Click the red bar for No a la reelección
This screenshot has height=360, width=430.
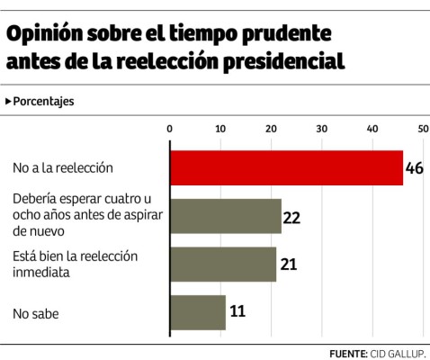(286, 167)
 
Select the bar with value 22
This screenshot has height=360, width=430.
(226, 216)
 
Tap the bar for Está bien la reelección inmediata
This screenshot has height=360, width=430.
(223, 264)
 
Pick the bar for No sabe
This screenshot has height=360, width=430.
(198, 312)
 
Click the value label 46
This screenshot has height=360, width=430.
(416, 168)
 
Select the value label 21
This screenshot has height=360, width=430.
(289, 265)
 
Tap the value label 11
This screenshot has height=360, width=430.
(237, 313)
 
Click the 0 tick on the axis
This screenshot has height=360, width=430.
(170, 130)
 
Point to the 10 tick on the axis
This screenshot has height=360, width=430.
(220, 130)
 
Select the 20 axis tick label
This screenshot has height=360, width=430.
(271, 130)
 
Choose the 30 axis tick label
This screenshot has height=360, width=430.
(321, 130)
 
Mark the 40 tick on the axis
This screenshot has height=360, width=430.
(372, 130)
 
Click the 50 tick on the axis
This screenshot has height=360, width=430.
(422, 130)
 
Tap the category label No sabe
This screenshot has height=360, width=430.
(38, 313)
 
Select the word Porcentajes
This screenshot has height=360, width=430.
(43, 101)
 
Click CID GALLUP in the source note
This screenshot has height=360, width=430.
(397, 352)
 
